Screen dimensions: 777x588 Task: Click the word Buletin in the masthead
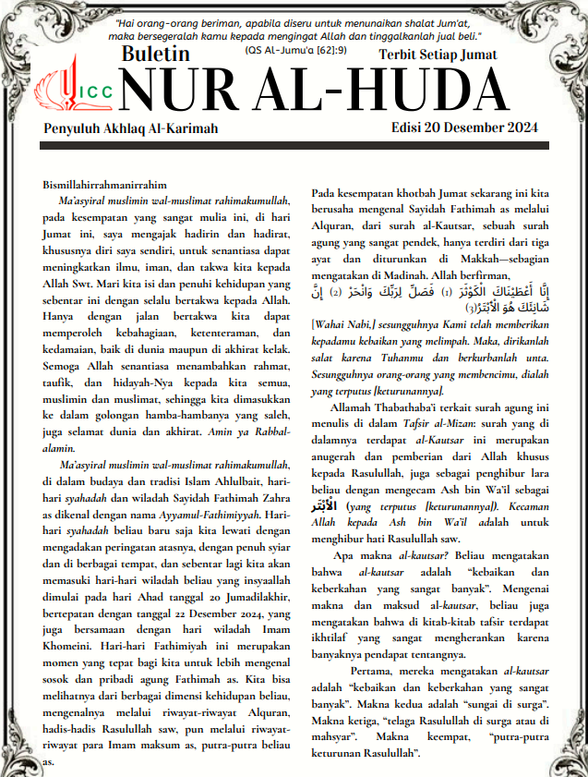(156, 55)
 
